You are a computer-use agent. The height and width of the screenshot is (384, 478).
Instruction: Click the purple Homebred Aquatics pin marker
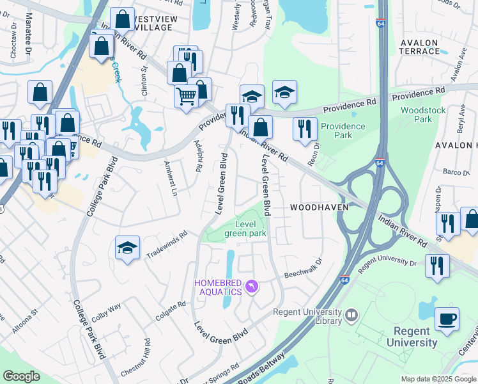click(251, 285)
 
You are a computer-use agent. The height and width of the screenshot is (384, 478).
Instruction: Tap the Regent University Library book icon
click(351, 315)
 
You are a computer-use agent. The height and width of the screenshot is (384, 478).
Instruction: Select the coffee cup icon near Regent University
click(447, 319)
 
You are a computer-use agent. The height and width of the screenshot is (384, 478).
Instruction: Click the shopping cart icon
click(186, 97)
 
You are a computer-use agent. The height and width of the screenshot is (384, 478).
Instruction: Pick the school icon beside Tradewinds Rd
click(127, 248)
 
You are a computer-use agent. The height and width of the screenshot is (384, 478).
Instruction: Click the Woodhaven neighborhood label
click(319, 207)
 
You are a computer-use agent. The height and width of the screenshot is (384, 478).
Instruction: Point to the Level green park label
click(249, 228)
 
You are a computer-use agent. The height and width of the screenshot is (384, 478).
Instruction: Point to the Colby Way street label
click(106, 310)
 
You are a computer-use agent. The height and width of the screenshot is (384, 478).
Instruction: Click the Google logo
click(22, 376)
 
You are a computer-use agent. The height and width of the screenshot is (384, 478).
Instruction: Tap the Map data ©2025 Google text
click(438, 379)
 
